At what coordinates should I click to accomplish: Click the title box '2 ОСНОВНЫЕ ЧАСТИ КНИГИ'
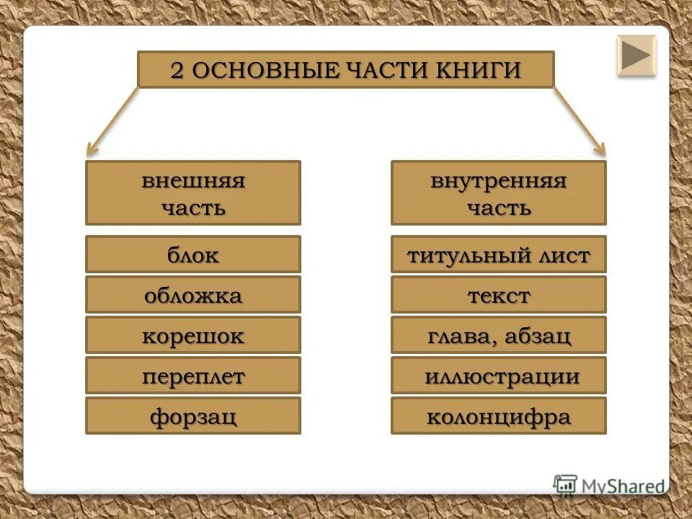coord(345,70)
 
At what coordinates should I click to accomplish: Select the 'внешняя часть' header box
coord(193,192)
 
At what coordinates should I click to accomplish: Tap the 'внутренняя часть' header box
coord(498,192)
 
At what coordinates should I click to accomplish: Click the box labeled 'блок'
coord(193,254)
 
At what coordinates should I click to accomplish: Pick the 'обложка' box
coord(193,294)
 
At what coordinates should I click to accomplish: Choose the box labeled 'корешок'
coord(193,334)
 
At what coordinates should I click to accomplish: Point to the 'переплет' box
coord(193,375)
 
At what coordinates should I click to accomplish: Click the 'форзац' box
coord(193,415)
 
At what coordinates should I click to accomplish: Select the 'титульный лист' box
coord(498,254)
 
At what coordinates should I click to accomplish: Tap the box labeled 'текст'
coord(498,294)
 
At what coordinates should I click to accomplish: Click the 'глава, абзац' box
coord(498,334)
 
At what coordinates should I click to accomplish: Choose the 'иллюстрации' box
coord(498,375)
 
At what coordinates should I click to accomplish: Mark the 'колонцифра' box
coord(498,415)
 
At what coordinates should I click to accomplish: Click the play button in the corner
coord(636,56)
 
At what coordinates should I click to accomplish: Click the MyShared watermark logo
coord(609,485)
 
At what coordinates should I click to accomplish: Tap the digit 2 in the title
coord(177,71)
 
